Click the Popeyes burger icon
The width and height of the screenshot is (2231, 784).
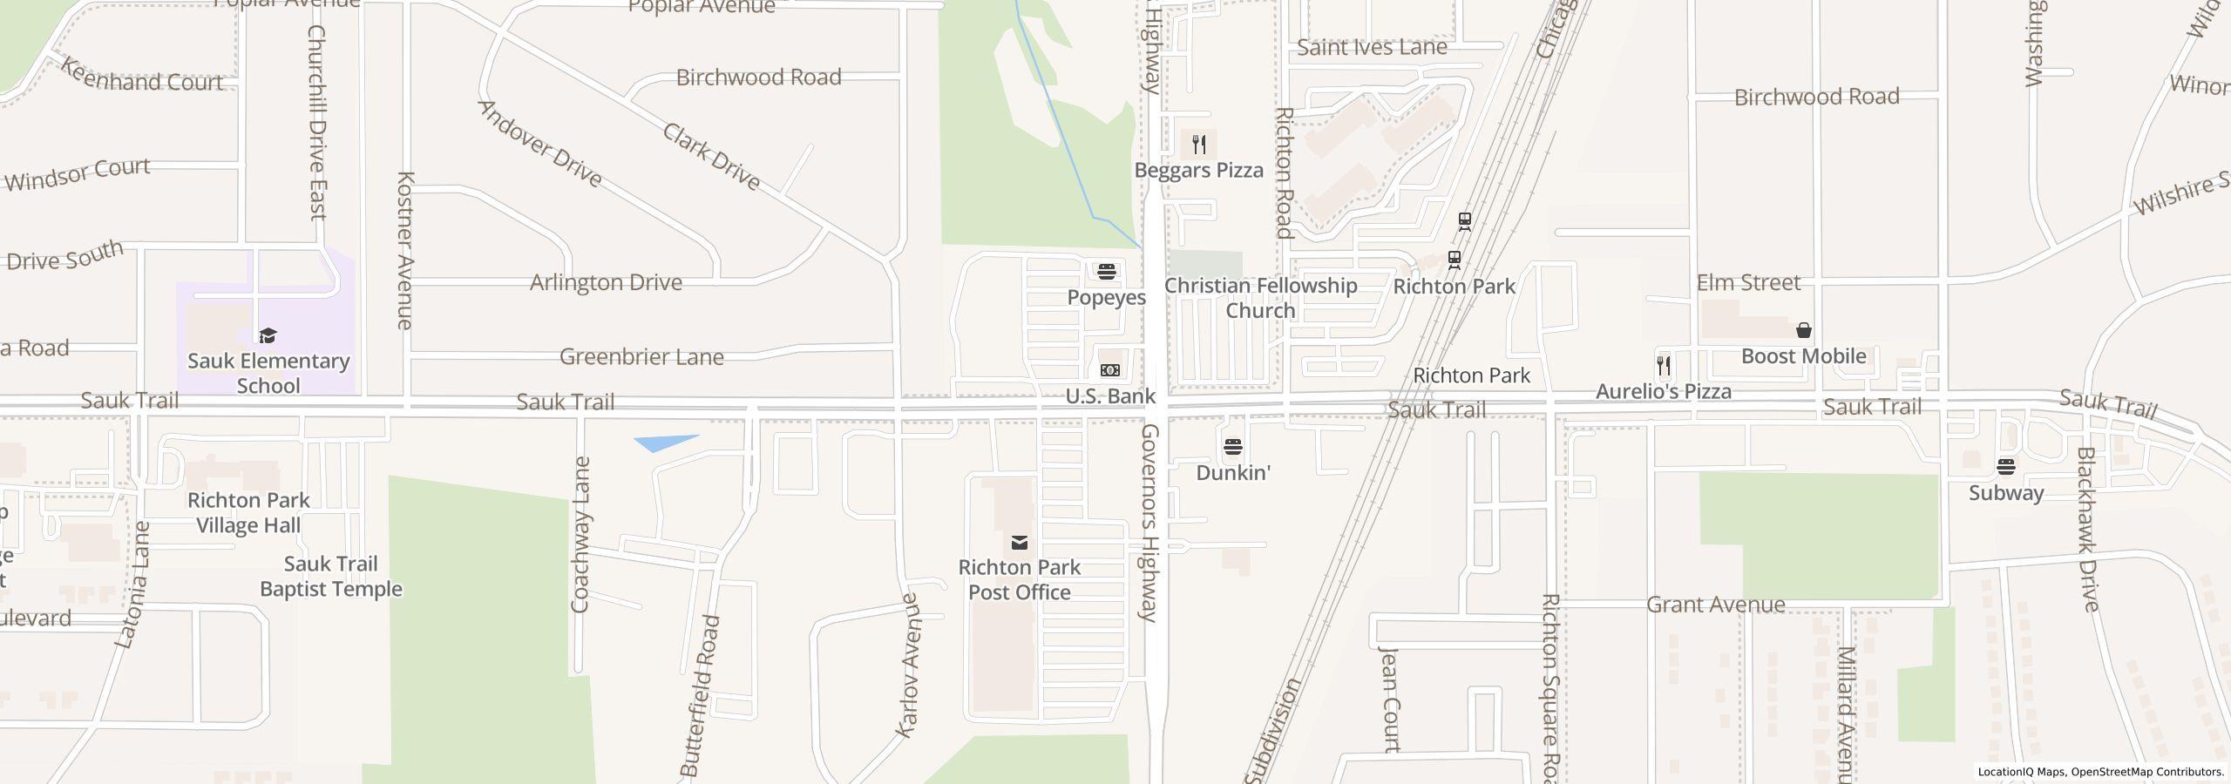(x=1107, y=272)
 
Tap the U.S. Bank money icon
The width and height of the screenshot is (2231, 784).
(x=1109, y=370)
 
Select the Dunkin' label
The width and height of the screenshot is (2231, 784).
(x=1233, y=473)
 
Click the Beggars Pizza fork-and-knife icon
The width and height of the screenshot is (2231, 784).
(x=1199, y=145)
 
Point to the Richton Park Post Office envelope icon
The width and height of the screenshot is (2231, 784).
(x=1019, y=544)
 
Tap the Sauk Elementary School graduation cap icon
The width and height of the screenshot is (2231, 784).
(x=268, y=335)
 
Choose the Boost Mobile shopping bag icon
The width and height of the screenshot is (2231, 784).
(x=1803, y=330)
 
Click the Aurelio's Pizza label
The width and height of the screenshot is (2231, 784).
(x=1663, y=392)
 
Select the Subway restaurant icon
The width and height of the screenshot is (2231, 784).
(x=2005, y=467)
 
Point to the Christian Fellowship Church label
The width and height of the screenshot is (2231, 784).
(x=1260, y=298)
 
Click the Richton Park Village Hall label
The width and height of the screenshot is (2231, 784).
(x=248, y=512)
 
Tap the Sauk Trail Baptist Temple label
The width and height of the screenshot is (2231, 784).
(x=331, y=577)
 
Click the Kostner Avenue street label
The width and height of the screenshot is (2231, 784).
(x=404, y=251)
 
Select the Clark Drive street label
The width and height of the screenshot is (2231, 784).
(x=711, y=157)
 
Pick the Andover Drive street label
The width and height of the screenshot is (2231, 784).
(x=540, y=144)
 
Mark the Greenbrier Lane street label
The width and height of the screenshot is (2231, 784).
(x=641, y=357)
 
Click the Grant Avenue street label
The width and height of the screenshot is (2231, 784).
(x=1715, y=605)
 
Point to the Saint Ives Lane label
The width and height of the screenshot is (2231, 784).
(x=1372, y=47)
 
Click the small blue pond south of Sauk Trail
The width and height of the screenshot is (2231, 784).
(x=662, y=443)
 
